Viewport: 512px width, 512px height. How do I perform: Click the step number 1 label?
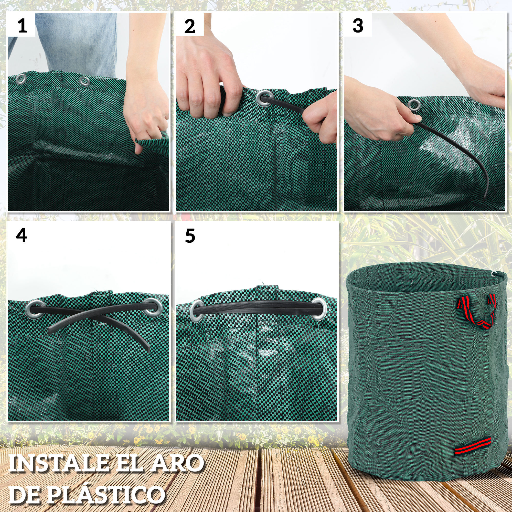(22, 26)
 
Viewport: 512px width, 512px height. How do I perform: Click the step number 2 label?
(189, 27)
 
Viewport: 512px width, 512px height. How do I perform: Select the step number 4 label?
(21, 235)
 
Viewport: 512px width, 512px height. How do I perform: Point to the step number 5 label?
(190, 236)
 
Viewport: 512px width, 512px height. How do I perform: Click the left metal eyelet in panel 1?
(21, 79)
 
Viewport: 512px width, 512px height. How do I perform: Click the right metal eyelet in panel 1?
(84, 81)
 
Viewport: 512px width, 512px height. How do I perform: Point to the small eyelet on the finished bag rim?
(494, 274)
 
